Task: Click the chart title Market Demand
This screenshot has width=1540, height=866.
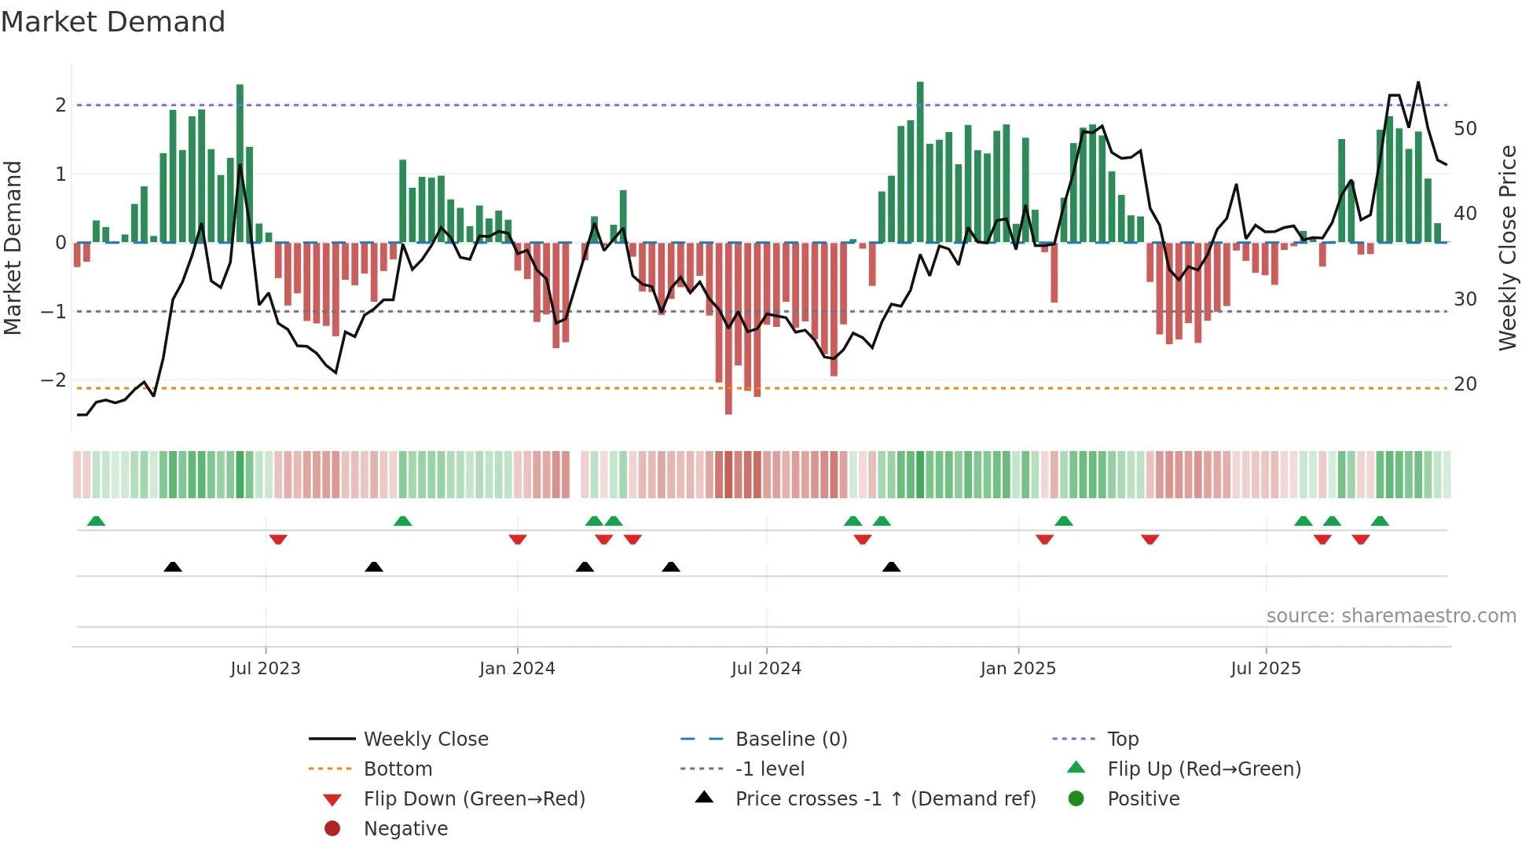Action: pyautogui.click(x=113, y=22)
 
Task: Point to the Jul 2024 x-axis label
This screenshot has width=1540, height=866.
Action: pyautogui.click(x=766, y=668)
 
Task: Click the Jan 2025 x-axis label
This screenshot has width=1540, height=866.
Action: pyautogui.click(x=1017, y=668)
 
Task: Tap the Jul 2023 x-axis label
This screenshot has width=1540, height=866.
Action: pyautogui.click(x=266, y=668)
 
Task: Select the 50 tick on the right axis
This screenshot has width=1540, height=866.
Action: pyautogui.click(x=1465, y=128)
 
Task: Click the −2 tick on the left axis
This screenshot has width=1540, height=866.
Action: pyautogui.click(x=54, y=380)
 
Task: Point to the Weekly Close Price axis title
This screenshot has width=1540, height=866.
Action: pyautogui.click(x=1507, y=248)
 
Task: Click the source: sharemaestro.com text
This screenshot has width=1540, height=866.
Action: pyautogui.click(x=1391, y=615)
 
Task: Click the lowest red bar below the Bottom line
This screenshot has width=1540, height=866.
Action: pyautogui.click(x=728, y=405)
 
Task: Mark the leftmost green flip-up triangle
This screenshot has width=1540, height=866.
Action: pyautogui.click(x=96, y=521)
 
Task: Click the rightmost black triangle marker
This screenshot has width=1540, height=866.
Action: pyautogui.click(x=891, y=567)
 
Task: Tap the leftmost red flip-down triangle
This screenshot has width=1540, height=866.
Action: pyautogui.click(x=277, y=539)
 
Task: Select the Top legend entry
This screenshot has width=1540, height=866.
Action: pyautogui.click(x=1122, y=739)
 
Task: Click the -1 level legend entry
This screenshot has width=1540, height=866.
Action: pyautogui.click(x=769, y=769)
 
